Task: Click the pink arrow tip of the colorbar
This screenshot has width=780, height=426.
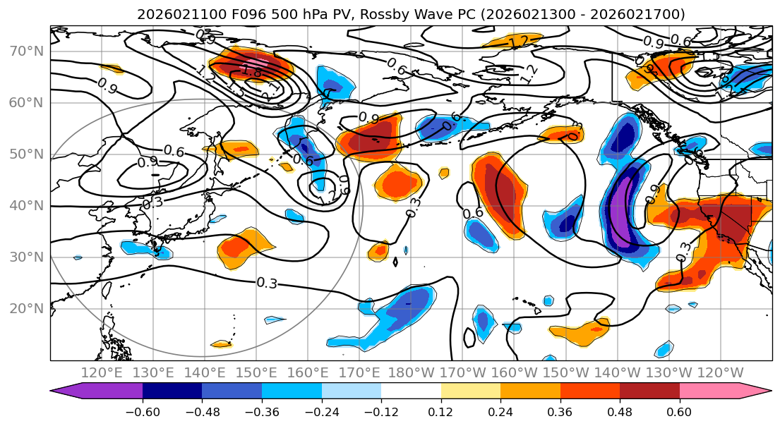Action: click(762, 391)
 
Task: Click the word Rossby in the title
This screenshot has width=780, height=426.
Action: click(384, 14)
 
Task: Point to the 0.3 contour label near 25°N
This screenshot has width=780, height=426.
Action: click(266, 283)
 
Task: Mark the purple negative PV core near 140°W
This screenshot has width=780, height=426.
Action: click(621, 212)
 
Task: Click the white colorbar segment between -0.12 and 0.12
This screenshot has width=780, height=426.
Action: click(411, 391)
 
